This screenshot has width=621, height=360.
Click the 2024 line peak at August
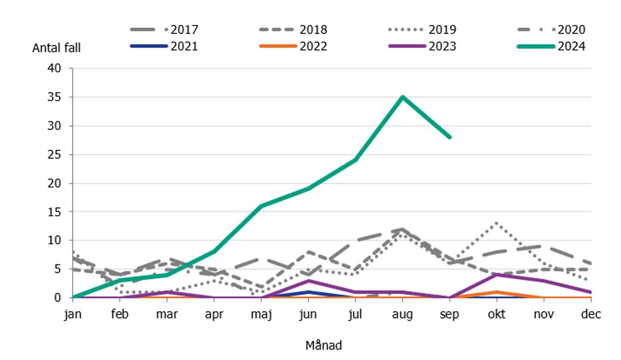(403, 97)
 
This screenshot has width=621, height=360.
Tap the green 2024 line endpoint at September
(450, 137)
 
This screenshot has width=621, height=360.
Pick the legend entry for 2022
(293, 47)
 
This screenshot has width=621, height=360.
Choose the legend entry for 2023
(423, 47)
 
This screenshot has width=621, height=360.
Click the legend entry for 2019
(423, 30)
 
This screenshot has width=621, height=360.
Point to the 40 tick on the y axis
(56, 69)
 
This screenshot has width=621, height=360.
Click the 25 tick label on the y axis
(56, 155)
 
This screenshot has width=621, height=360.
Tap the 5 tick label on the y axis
(59, 269)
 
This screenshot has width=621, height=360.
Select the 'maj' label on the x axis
(261, 314)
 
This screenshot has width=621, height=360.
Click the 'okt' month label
(496, 314)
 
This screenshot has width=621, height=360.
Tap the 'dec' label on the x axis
(591, 314)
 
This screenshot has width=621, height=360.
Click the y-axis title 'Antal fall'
(56, 48)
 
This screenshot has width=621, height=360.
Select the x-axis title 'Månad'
(324, 345)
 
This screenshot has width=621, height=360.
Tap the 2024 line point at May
(261, 206)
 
